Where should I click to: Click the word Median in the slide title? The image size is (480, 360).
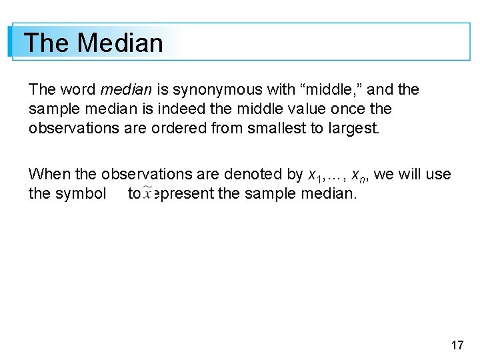click(x=120, y=43)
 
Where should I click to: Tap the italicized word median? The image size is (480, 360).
click(x=126, y=89)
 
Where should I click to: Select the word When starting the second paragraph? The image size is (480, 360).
click(x=49, y=175)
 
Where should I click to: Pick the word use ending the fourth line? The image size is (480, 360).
click(x=438, y=175)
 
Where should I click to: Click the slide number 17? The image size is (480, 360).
click(x=457, y=345)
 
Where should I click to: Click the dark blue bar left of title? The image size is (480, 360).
click(x=11, y=42)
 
